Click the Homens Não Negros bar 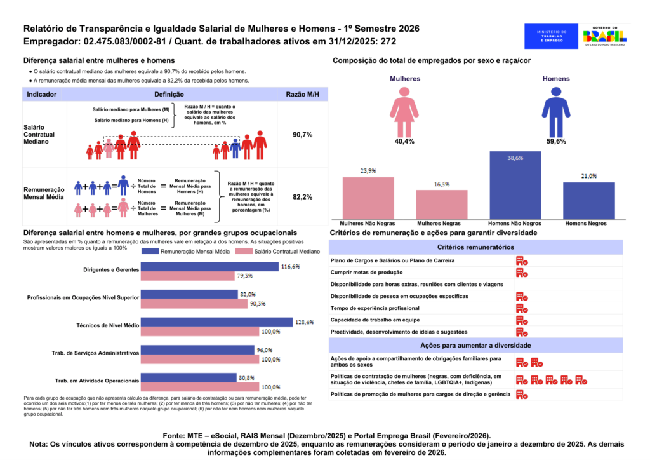515,186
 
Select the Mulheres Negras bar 442,205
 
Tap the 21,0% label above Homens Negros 588,176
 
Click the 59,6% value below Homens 556,142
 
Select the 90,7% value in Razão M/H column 302,135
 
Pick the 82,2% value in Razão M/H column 302,198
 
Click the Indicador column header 42,94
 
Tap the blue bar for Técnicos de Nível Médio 216,323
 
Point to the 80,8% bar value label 246,377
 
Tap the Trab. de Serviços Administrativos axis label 95,353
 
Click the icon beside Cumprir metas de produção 522,273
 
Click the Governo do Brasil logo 604,36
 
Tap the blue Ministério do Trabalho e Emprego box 551,36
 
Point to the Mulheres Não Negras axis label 368,224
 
